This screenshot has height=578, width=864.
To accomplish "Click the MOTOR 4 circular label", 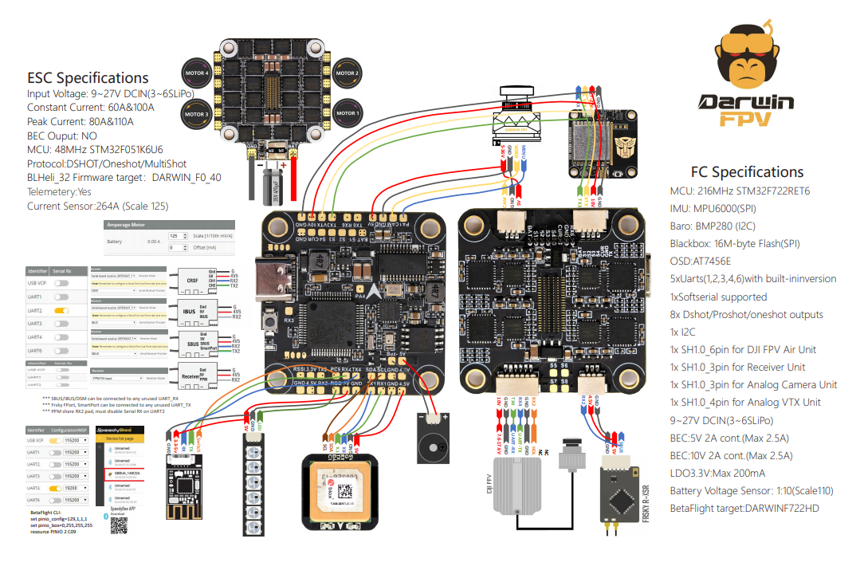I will point(197,73).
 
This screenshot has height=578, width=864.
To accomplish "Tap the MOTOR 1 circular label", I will point(347,113).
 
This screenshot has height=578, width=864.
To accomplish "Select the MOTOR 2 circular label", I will point(347,73).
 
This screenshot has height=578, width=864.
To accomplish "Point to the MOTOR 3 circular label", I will point(197,114).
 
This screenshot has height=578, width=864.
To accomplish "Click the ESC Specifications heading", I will point(88,78).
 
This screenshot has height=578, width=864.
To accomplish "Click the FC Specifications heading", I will point(747,171).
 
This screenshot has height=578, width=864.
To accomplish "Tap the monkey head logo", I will point(746,60).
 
